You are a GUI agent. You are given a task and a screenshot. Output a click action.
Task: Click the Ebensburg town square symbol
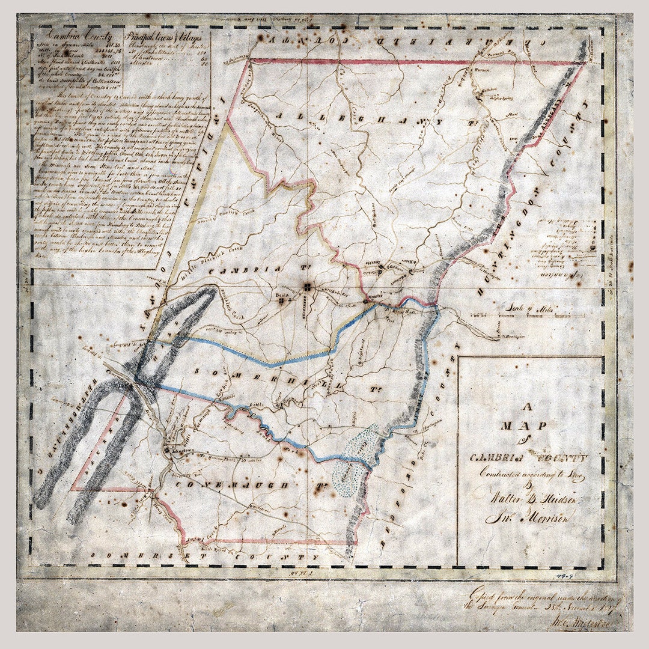(307, 288)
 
